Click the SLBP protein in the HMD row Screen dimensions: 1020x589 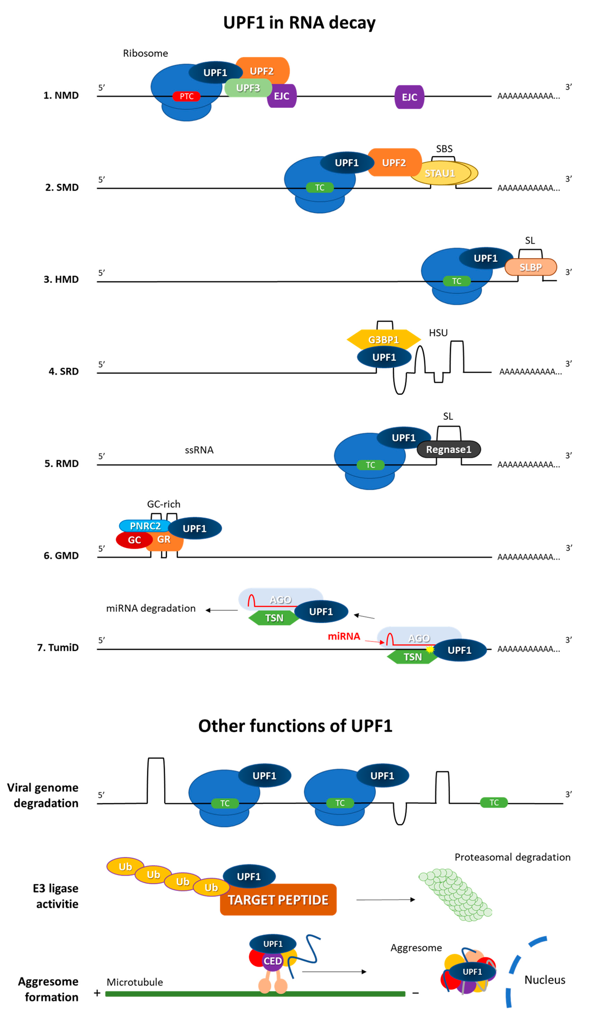[x=530, y=267]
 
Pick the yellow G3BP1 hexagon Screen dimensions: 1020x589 [x=383, y=340]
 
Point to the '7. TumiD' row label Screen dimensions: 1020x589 [x=58, y=647]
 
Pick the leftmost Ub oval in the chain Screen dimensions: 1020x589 [x=125, y=867]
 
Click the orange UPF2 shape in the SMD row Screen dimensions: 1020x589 [x=394, y=163]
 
